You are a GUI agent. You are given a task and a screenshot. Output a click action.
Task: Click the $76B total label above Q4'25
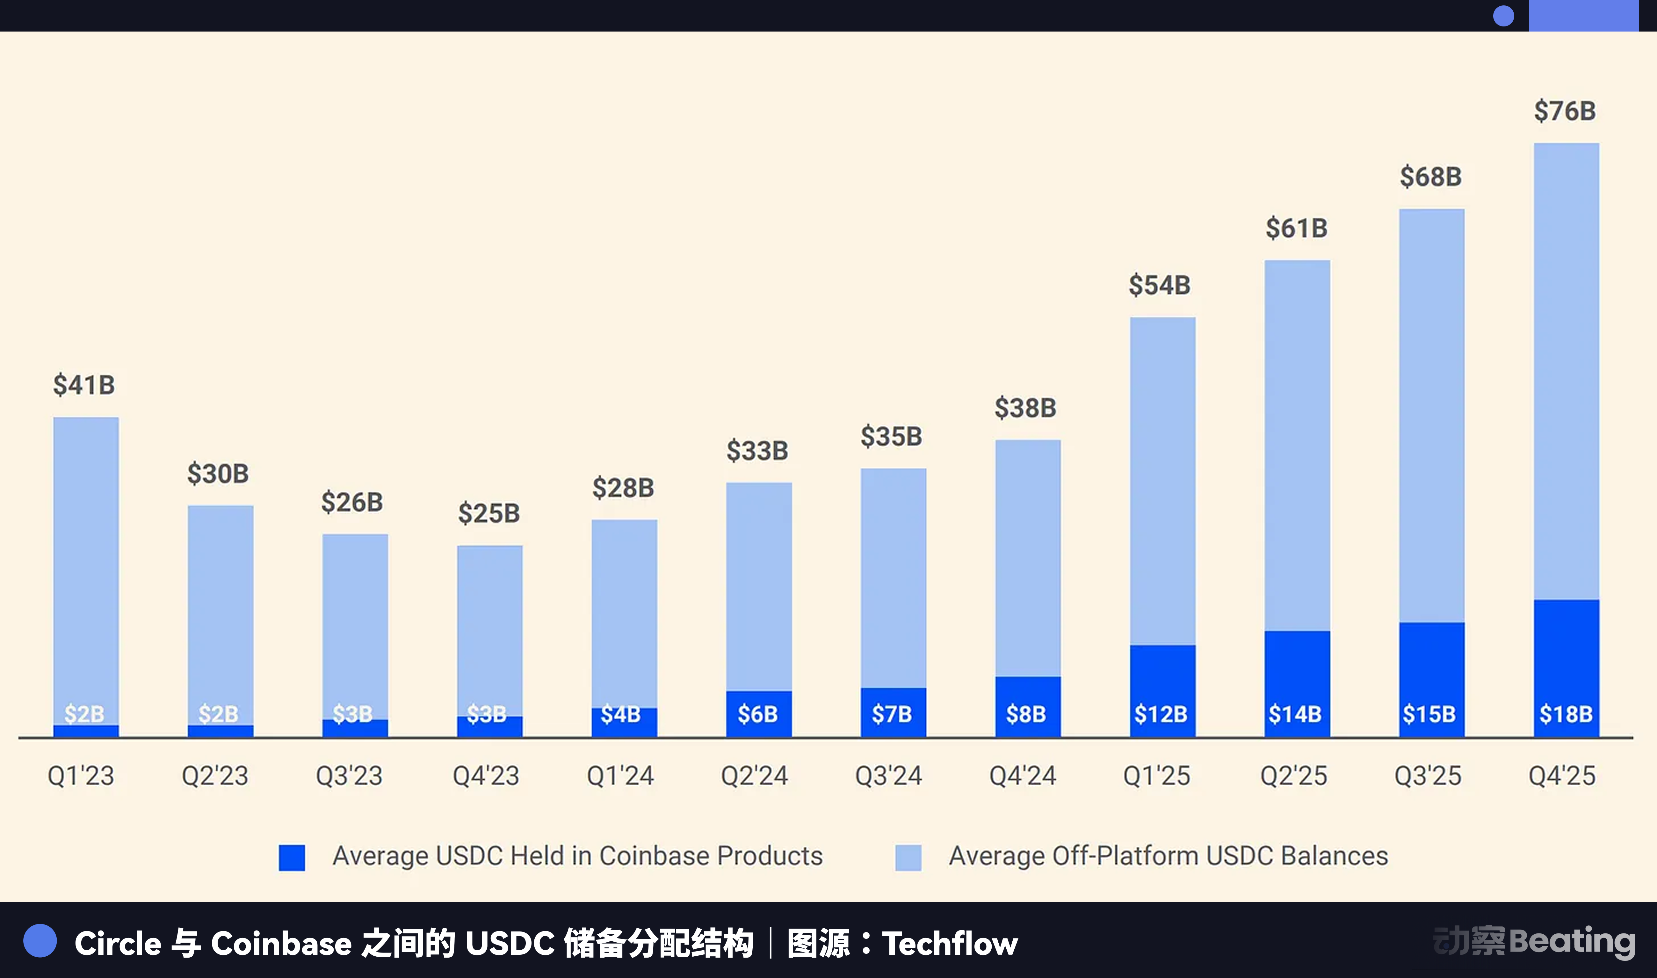point(1565,111)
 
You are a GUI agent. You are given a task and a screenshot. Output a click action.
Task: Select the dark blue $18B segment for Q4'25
point(1566,665)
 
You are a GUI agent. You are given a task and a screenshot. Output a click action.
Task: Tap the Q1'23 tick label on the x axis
point(80,776)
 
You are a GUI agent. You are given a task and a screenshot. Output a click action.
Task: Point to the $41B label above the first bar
point(84,385)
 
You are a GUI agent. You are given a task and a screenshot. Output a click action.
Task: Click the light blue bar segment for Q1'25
point(1162,481)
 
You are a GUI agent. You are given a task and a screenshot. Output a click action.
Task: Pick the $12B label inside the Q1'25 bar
point(1161,714)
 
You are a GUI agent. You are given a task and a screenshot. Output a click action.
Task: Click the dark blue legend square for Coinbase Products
point(291,857)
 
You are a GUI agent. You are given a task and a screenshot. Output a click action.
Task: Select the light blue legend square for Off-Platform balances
point(908,857)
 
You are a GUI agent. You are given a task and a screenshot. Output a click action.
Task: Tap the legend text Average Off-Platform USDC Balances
point(1168,855)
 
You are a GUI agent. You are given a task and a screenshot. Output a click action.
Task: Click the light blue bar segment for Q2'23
point(220,613)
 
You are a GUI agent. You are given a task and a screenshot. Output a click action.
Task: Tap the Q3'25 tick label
point(1428,776)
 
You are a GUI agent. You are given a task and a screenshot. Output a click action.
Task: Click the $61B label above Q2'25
point(1296,228)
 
